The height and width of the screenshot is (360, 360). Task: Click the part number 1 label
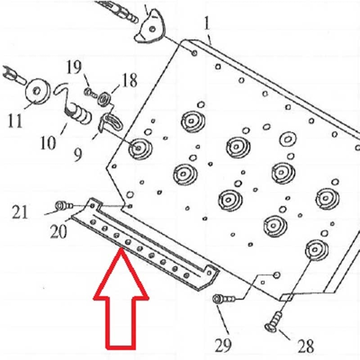point(207,24)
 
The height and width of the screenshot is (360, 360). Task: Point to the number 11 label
point(15,121)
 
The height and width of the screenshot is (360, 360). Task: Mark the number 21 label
point(21,211)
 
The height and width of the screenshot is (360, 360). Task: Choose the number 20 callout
point(59,232)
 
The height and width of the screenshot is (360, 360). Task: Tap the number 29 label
point(223,345)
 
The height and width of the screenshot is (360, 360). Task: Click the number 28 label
point(304,345)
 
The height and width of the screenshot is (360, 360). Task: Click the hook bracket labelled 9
point(107,122)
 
